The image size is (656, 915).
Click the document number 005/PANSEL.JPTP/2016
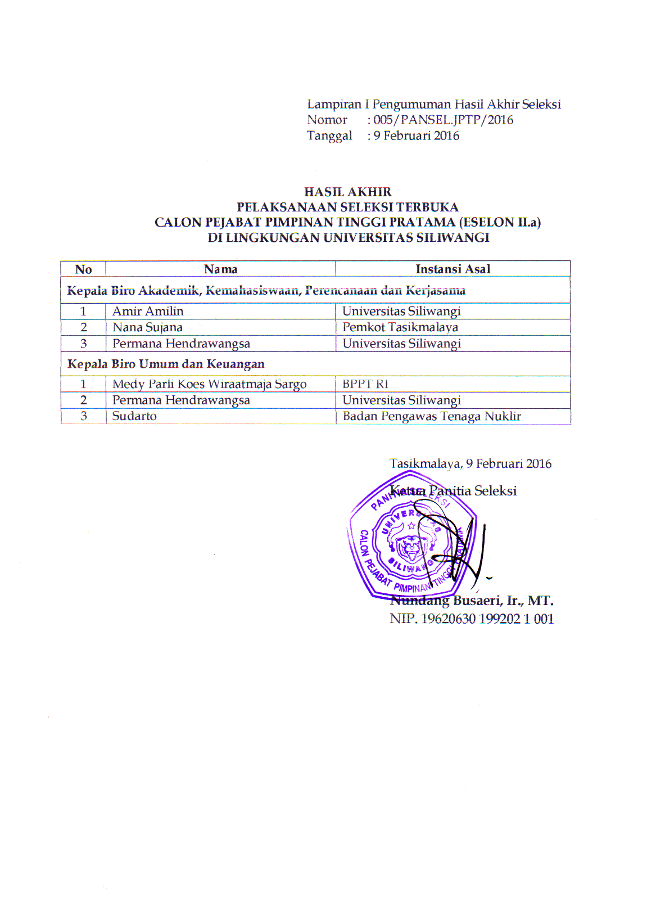[x=444, y=120]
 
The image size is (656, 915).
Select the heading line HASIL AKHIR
[x=348, y=192]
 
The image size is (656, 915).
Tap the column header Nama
[x=220, y=269]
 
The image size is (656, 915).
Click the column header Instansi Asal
[x=453, y=269]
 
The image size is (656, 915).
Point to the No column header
[x=83, y=269]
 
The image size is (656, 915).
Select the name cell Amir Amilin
[x=148, y=312]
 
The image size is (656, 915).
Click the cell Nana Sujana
[x=147, y=327]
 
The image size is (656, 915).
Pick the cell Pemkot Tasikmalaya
[x=400, y=327]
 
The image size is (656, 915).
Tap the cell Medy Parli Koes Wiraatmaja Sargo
[x=209, y=384]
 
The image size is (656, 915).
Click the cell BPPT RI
[x=365, y=384]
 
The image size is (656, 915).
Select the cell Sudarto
[x=134, y=416]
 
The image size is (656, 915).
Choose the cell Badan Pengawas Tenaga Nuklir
[x=432, y=416]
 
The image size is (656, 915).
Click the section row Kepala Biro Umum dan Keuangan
[x=166, y=364]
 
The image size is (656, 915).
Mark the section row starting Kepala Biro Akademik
[x=266, y=291]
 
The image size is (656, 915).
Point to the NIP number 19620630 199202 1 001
[x=487, y=619]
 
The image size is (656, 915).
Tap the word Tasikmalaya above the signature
[x=425, y=464]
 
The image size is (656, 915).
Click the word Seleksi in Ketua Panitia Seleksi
[x=495, y=491]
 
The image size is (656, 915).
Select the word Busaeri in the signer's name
[x=478, y=601]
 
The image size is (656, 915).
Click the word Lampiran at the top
[x=334, y=104]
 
